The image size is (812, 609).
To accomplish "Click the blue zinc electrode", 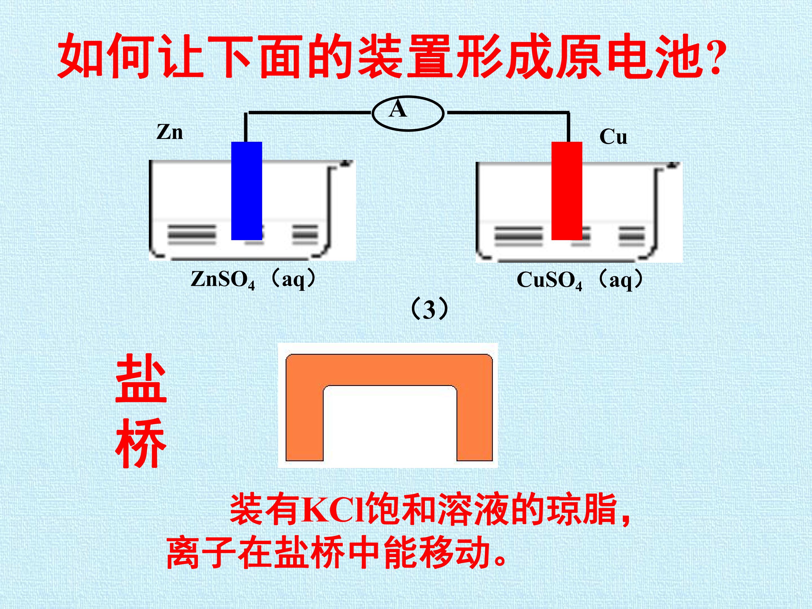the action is point(246,191).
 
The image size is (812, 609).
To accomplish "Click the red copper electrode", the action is point(567,191).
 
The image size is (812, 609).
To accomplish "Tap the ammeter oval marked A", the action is point(408,113).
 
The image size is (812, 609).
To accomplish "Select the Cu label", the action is point(613,137).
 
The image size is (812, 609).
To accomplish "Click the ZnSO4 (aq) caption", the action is point(253,279).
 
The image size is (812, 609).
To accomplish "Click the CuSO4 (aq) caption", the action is point(580,280).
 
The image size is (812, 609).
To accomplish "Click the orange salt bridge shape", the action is point(389,370).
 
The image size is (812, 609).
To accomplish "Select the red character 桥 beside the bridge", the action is point(141,443).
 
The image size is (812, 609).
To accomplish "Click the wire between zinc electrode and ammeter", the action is point(308,112).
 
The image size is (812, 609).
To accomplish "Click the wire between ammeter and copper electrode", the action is point(507,112).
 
